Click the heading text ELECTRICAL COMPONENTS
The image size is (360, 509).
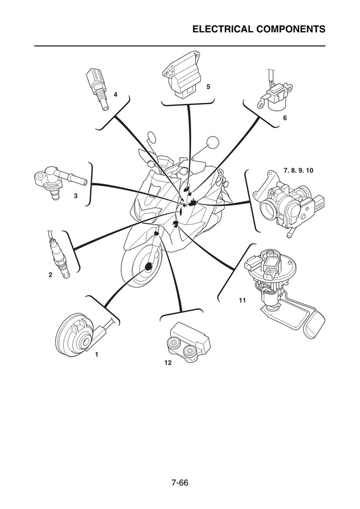point(259,29)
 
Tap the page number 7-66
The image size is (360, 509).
point(179,483)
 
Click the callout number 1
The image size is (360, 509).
point(96,354)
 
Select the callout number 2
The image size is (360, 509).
point(50,275)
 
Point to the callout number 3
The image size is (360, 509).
point(76,196)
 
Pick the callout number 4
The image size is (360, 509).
point(115,94)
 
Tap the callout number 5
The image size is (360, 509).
point(208,87)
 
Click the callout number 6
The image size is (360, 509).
point(284,118)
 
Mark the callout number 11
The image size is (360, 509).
point(242,300)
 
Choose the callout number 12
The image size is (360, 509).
point(167,362)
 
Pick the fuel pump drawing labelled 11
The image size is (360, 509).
point(280,292)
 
